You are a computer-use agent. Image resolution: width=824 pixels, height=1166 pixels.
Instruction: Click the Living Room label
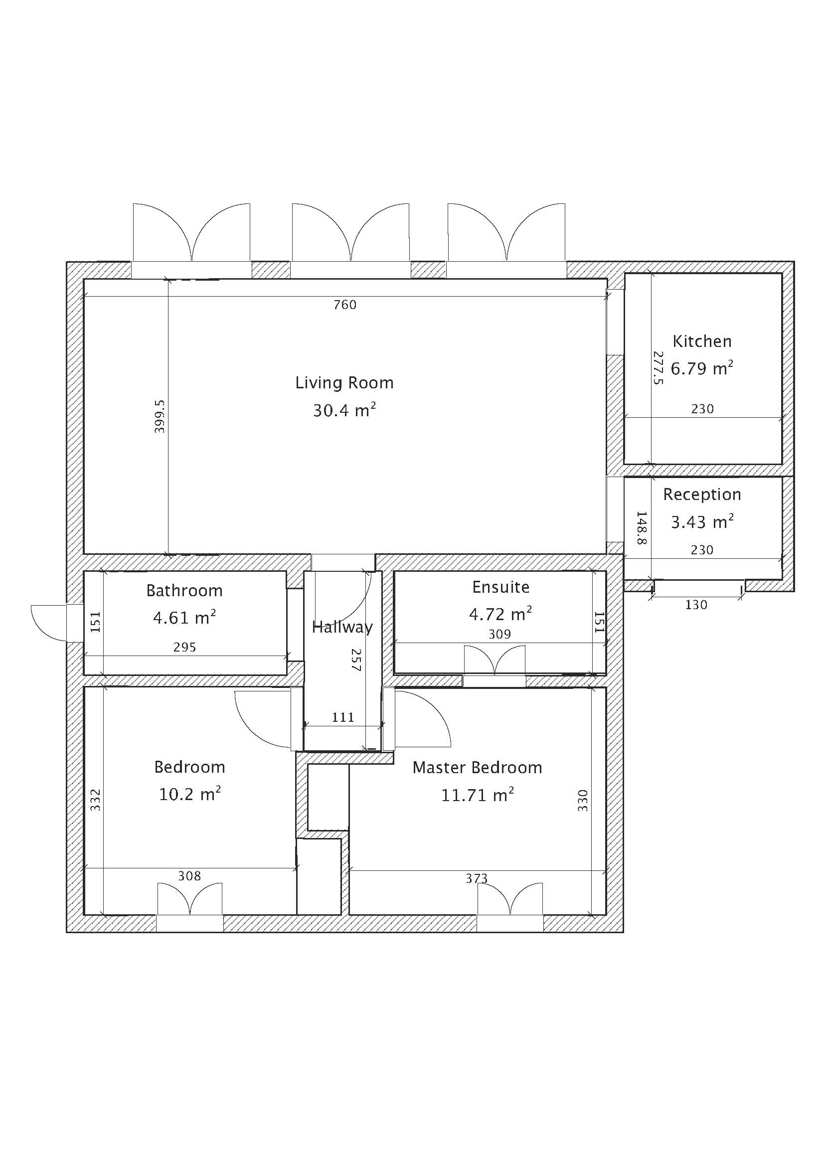tap(344, 382)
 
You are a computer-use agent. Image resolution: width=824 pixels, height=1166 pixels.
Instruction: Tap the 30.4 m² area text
tap(344, 410)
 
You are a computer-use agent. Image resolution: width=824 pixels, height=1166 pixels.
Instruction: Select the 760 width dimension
tap(345, 305)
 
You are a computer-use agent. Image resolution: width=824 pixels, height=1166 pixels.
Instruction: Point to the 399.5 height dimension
tap(160, 416)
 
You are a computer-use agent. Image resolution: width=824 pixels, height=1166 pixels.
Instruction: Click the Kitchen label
tap(702, 341)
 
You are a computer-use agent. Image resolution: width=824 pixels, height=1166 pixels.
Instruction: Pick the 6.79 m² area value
tap(702, 368)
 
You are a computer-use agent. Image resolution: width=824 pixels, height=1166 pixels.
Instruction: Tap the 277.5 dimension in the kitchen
tap(658, 368)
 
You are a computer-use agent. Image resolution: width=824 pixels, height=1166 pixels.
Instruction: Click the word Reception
tap(702, 495)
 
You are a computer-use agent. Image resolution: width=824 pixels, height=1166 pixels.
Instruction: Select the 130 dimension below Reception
tap(696, 605)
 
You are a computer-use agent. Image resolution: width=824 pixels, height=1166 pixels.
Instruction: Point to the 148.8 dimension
tap(642, 527)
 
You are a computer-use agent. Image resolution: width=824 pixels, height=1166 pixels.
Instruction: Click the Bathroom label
tap(184, 591)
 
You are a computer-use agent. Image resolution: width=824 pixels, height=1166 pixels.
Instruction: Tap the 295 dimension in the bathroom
tap(184, 647)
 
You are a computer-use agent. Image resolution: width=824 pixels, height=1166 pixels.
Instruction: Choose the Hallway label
tap(342, 628)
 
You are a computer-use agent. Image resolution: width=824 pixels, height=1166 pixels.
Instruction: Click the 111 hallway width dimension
tap(343, 717)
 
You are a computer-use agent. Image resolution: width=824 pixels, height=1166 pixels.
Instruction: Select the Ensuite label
tap(500, 587)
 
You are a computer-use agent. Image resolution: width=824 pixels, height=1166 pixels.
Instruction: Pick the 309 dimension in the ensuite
tap(499, 634)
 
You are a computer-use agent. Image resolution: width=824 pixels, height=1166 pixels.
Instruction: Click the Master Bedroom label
tap(477, 767)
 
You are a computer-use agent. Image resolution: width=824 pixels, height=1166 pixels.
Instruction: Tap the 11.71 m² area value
tap(477, 795)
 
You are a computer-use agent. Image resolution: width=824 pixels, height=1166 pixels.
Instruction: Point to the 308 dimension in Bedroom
tap(189, 876)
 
